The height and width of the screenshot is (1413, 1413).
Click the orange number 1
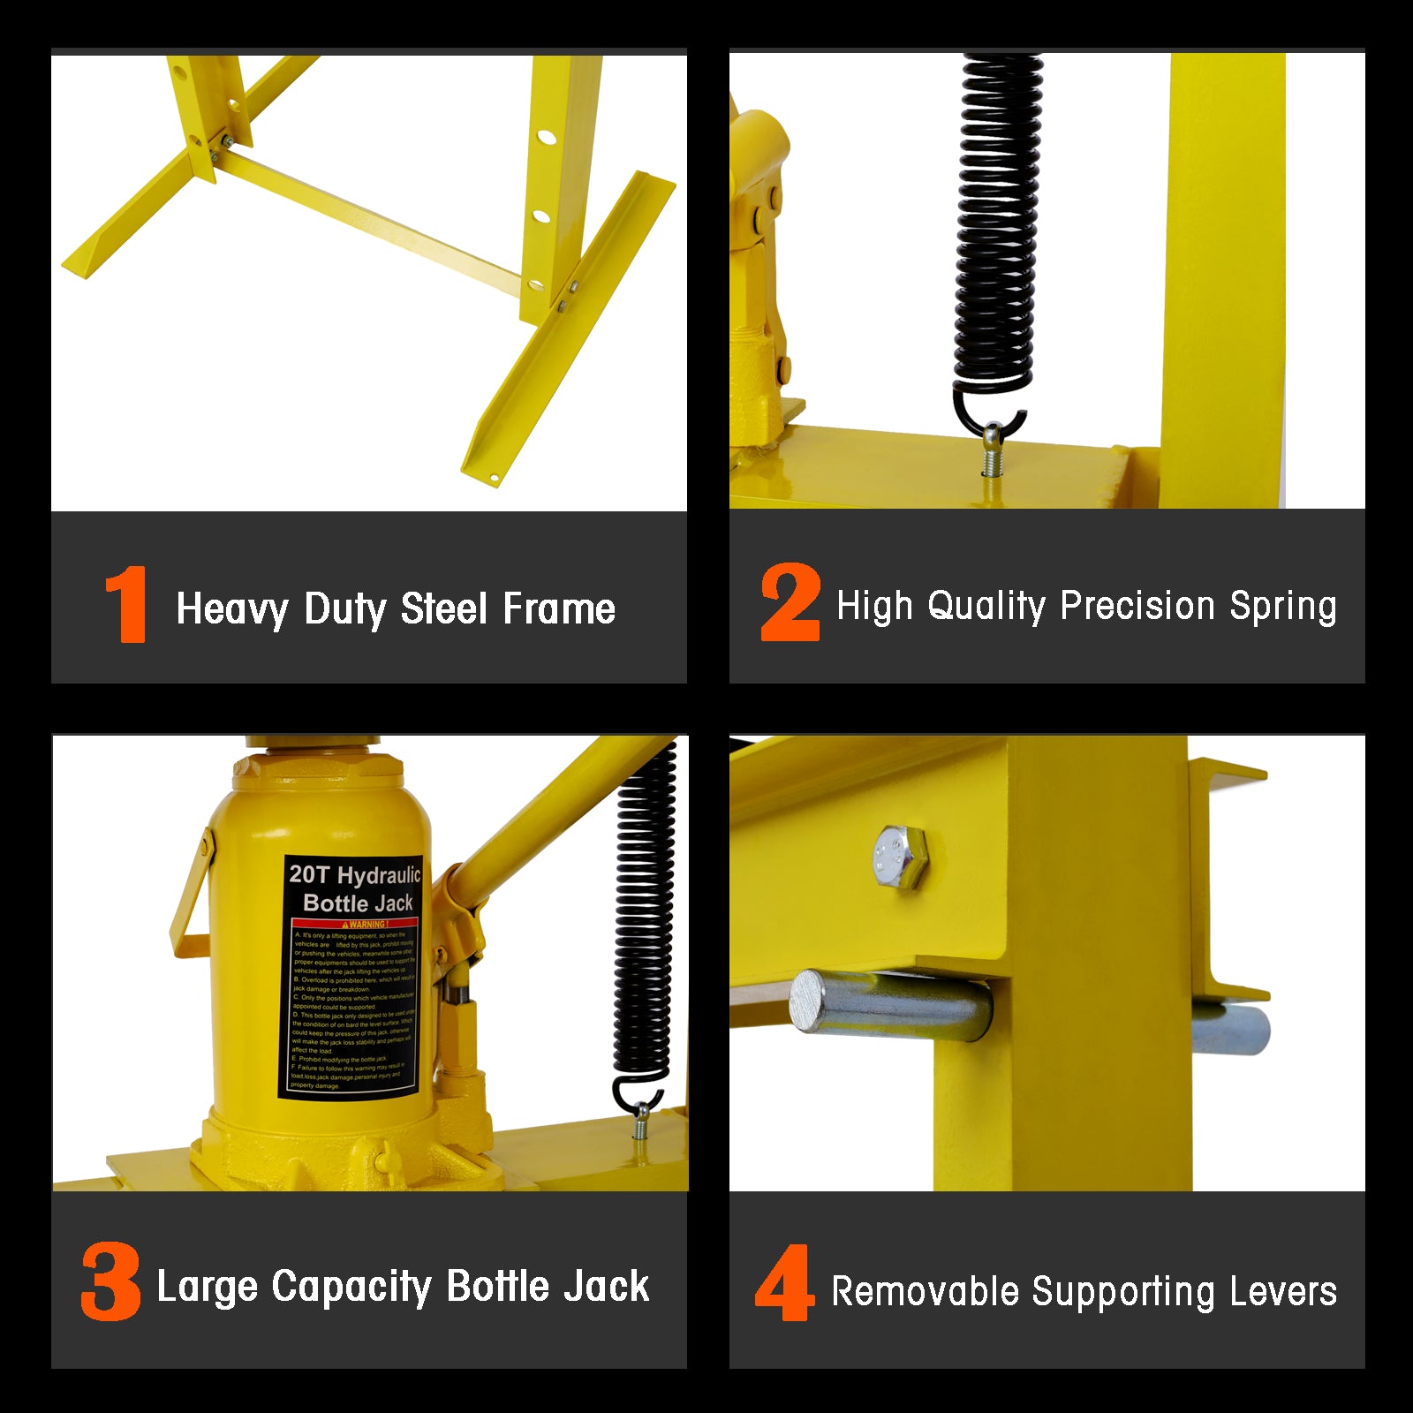tap(126, 605)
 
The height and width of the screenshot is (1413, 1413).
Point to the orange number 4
tap(783, 1282)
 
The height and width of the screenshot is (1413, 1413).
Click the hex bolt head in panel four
tap(899, 858)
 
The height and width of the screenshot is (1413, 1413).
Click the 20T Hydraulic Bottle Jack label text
tap(356, 888)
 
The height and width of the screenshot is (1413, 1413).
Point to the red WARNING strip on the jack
tap(355, 925)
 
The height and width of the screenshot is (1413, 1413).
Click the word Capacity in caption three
tap(351, 1288)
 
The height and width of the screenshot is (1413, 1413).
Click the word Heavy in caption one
tap(232, 610)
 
